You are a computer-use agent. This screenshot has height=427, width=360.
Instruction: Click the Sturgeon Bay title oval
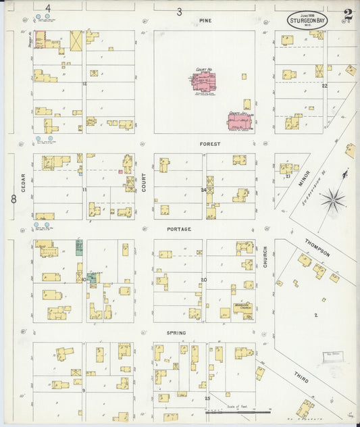tap(307, 20)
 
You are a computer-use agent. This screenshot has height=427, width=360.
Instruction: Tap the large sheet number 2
tap(347, 15)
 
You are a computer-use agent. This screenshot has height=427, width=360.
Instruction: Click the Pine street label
tap(205, 21)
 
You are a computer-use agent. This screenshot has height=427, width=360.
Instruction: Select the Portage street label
tap(180, 229)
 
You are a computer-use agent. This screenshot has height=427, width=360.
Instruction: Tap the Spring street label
tap(178, 334)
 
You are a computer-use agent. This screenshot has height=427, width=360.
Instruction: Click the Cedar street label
tap(23, 183)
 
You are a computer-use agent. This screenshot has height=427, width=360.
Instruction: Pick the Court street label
tap(144, 181)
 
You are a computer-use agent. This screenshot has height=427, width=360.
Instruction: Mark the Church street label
tap(265, 256)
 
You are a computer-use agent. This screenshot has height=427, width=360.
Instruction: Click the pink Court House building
tap(203, 82)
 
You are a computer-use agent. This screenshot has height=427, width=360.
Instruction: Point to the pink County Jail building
tap(238, 122)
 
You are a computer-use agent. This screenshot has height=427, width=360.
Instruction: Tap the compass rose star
tap(332, 199)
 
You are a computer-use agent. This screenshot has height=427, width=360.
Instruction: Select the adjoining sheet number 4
tap(48, 8)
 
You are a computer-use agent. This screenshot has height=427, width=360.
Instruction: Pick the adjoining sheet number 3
tap(179, 11)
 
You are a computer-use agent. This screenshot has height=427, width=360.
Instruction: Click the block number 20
tap(203, 280)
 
